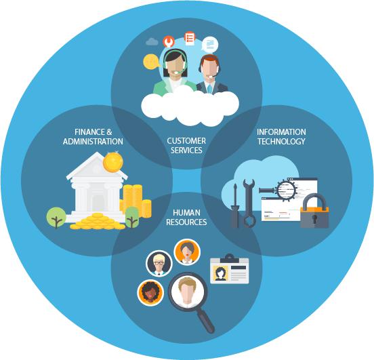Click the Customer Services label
pos(186,145)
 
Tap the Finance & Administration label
pos(93,136)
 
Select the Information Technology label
pos(281,136)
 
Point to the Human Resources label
pos(186,217)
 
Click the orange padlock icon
pos(314,211)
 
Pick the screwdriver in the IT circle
pos(235,206)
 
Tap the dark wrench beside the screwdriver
pos(249,203)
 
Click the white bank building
pos(97,187)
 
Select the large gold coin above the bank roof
pos(113,161)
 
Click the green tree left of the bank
pos(56,217)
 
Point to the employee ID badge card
pos(229,270)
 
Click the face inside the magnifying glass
pos(188,292)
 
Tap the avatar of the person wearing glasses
pos(159,263)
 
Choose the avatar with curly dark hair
pos(150,293)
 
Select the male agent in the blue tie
pos(210,75)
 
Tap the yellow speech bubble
pos(151,62)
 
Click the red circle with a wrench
pos(169,41)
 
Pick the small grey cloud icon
pos(152,41)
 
